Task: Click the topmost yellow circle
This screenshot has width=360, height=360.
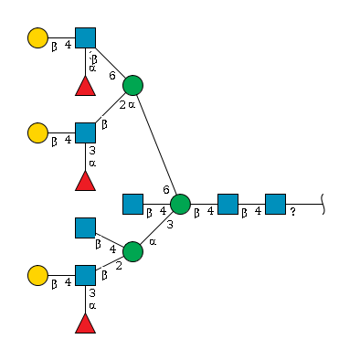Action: pos(37,37)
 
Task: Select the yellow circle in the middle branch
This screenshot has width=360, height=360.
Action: pos(37,132)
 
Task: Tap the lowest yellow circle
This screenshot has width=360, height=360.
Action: pos(37,275)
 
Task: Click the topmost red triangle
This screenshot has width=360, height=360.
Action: pos(85,86)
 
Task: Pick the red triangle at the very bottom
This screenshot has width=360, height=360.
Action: pos(85,323)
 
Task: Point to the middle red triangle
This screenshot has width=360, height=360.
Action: pos(85,181)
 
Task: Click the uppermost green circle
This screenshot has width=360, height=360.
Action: pos(132,85)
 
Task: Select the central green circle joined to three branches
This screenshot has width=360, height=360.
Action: pos(180,204)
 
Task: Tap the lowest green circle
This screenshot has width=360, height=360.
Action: pos(132,251)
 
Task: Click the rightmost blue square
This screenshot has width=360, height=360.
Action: pos(275,204)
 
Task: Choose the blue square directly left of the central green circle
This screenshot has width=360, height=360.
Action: pos(132,204)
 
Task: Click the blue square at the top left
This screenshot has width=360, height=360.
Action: pos(85,37)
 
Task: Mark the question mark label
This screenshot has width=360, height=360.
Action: pos(292,213)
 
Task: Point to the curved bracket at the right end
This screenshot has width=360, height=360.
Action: pos(323,204)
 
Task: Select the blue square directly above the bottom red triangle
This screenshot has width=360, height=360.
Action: pos(85,275)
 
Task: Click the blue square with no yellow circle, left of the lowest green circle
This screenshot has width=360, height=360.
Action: pos(85,228)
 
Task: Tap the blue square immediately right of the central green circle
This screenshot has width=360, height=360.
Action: pos(228,204)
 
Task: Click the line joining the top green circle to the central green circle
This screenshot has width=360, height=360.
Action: pos(156,144)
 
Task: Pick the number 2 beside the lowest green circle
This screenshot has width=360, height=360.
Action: pos(119,266)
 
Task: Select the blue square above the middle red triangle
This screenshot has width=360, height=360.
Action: pos(85,132)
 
